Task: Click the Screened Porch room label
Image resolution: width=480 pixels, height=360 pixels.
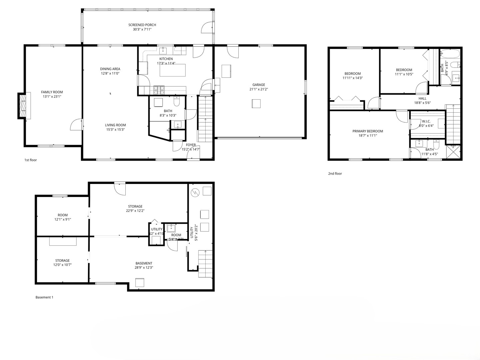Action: coord(142,25)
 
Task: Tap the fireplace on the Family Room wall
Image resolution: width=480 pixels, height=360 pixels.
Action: coord(22,106)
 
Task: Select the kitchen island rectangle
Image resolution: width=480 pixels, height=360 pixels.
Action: coord(173,71)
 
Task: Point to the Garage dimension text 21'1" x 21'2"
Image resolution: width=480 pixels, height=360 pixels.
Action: coord(258,89)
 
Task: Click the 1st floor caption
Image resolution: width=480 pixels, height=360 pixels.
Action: coord(31,160)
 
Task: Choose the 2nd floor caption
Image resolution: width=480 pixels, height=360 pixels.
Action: coord(335,174)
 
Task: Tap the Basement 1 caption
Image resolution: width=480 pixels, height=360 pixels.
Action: coord(44,297)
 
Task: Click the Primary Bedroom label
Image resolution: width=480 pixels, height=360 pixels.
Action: coord(368,131)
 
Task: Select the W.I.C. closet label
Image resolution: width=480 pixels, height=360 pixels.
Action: coord(426,121)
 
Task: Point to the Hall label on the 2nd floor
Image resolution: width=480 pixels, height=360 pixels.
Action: coord(422,99)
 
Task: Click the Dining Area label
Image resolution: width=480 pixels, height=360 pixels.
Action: coord(110,69)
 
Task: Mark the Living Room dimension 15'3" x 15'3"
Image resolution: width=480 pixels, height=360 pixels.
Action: coord(115,130)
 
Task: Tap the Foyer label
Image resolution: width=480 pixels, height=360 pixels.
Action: coord(191,145)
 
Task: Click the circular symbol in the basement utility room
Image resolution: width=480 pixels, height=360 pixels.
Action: coord(195,192)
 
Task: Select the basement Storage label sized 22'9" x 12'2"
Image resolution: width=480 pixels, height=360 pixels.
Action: coord(135,206)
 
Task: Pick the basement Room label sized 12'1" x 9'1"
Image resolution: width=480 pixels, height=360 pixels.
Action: coord(63,215)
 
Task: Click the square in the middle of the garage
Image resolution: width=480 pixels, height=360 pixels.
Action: coord(256,104)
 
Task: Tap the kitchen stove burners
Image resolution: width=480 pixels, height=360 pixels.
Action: coord(159,89)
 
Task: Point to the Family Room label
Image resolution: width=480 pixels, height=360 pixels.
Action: coord(52,92)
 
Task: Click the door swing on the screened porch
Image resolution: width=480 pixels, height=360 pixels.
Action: coord(207,27)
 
